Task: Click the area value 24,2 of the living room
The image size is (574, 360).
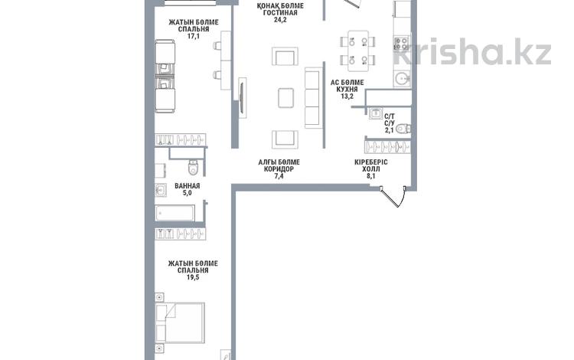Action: click(x=280, y=20)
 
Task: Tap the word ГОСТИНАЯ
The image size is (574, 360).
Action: click(x=280, y=13)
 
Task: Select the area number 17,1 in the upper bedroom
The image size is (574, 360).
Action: click(x=194, y=36)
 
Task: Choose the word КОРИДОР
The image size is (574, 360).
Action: click(x=279, y=169)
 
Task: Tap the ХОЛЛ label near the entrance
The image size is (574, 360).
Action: click(x=371, y=169)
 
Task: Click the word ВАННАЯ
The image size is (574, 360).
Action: click(x=187, y=186)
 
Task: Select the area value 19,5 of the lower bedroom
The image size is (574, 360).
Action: click(x=193, y=277)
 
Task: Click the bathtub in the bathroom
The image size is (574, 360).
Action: click(x=175, y=213)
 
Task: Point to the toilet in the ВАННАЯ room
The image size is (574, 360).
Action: click(x=193, y=168)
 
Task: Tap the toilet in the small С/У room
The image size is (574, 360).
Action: click(x=403, y=129)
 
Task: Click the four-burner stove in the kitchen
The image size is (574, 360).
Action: click(x=401, y=44)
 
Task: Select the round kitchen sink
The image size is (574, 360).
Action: click(x=402, y=78)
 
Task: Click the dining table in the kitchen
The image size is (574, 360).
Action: click(x=358, y=51)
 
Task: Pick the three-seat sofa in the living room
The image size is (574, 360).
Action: click(x=312, y=98)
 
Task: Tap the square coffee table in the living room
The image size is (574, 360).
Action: click(x=285, y=98)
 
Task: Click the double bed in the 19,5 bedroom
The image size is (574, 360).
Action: click(x=180, y=323)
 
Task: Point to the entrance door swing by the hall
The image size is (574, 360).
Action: click(x=393, y=197)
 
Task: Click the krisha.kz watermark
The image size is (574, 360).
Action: click(x=472, y=51)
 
